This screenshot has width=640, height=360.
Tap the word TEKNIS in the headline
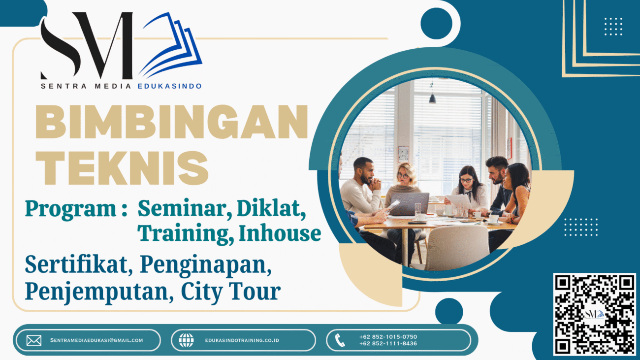pos(124,166)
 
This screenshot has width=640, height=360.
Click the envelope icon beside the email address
pos(33,340)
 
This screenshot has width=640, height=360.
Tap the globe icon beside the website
pos(186,340)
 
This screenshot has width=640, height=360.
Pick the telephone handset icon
pos(340,340)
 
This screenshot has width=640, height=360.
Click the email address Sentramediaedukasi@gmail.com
pos(96,340)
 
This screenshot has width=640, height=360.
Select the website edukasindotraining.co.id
pos(242,340)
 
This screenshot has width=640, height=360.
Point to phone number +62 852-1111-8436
pos(388,344)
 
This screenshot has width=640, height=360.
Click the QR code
pos(594,314)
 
